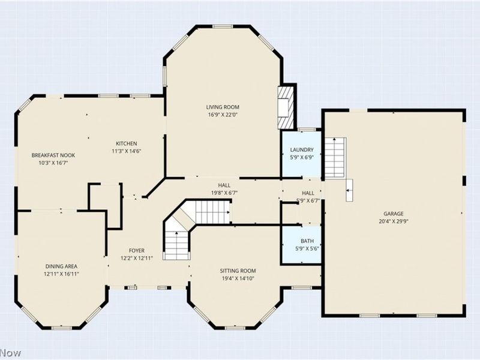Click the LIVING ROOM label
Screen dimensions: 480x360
[x=223, y=107]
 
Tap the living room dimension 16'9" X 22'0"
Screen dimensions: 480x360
[x=223, y=115]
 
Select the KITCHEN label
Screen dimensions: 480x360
[x=126, y=143]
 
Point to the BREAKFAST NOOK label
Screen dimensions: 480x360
[x=53, y=155]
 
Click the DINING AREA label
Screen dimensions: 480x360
[x=61, y=266]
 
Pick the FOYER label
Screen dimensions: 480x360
[x=137, y=251]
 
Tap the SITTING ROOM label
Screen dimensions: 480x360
[x=238, y=271]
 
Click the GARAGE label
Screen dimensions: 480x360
[x=394, y=214]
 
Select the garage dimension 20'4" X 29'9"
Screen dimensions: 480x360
[x=394, y=221]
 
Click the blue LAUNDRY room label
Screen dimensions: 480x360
[x=302, y=149]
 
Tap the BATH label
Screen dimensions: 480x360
[x=307, y=241]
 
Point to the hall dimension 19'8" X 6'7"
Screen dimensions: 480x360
[x=224, y=193]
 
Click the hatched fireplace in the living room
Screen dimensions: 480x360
[x=286, y=107]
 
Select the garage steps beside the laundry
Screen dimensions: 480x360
[x=335, y=158]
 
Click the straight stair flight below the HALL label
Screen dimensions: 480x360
[x=212, y=212]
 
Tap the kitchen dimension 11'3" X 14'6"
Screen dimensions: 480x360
[x=126, y=151]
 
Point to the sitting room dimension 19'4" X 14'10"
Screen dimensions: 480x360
[x=238, y=278]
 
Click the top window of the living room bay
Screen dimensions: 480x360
[x=223, y=26]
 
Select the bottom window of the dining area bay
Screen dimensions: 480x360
[x=61, y=328]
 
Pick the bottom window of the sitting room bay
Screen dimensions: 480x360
[x=235, y=328]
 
